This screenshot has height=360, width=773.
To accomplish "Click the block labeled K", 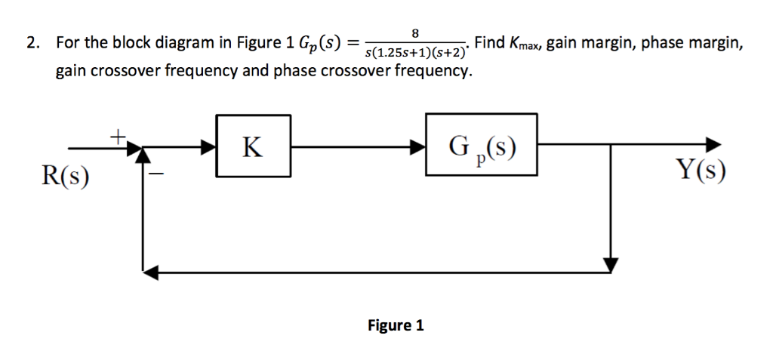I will [254, 146].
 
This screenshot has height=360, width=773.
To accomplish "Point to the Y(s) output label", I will [702, 172].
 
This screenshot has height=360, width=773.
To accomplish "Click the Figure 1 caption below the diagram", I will [395, 325].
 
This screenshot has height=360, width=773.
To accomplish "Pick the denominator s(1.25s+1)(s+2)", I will [416, 54].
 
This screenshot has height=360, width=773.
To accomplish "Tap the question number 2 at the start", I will [31, 44].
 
